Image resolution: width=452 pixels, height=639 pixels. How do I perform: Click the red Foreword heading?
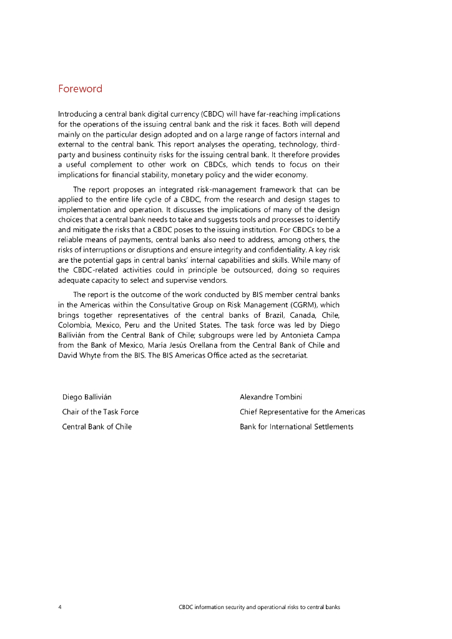pos(80,89)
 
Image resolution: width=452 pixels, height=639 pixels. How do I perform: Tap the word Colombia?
pos(76,325)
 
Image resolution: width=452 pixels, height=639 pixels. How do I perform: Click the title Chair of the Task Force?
pos(101,412)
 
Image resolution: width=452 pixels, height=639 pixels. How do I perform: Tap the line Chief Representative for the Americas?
pos(302,412)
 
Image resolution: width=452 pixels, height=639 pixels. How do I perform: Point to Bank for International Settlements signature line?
pos(296,427)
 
